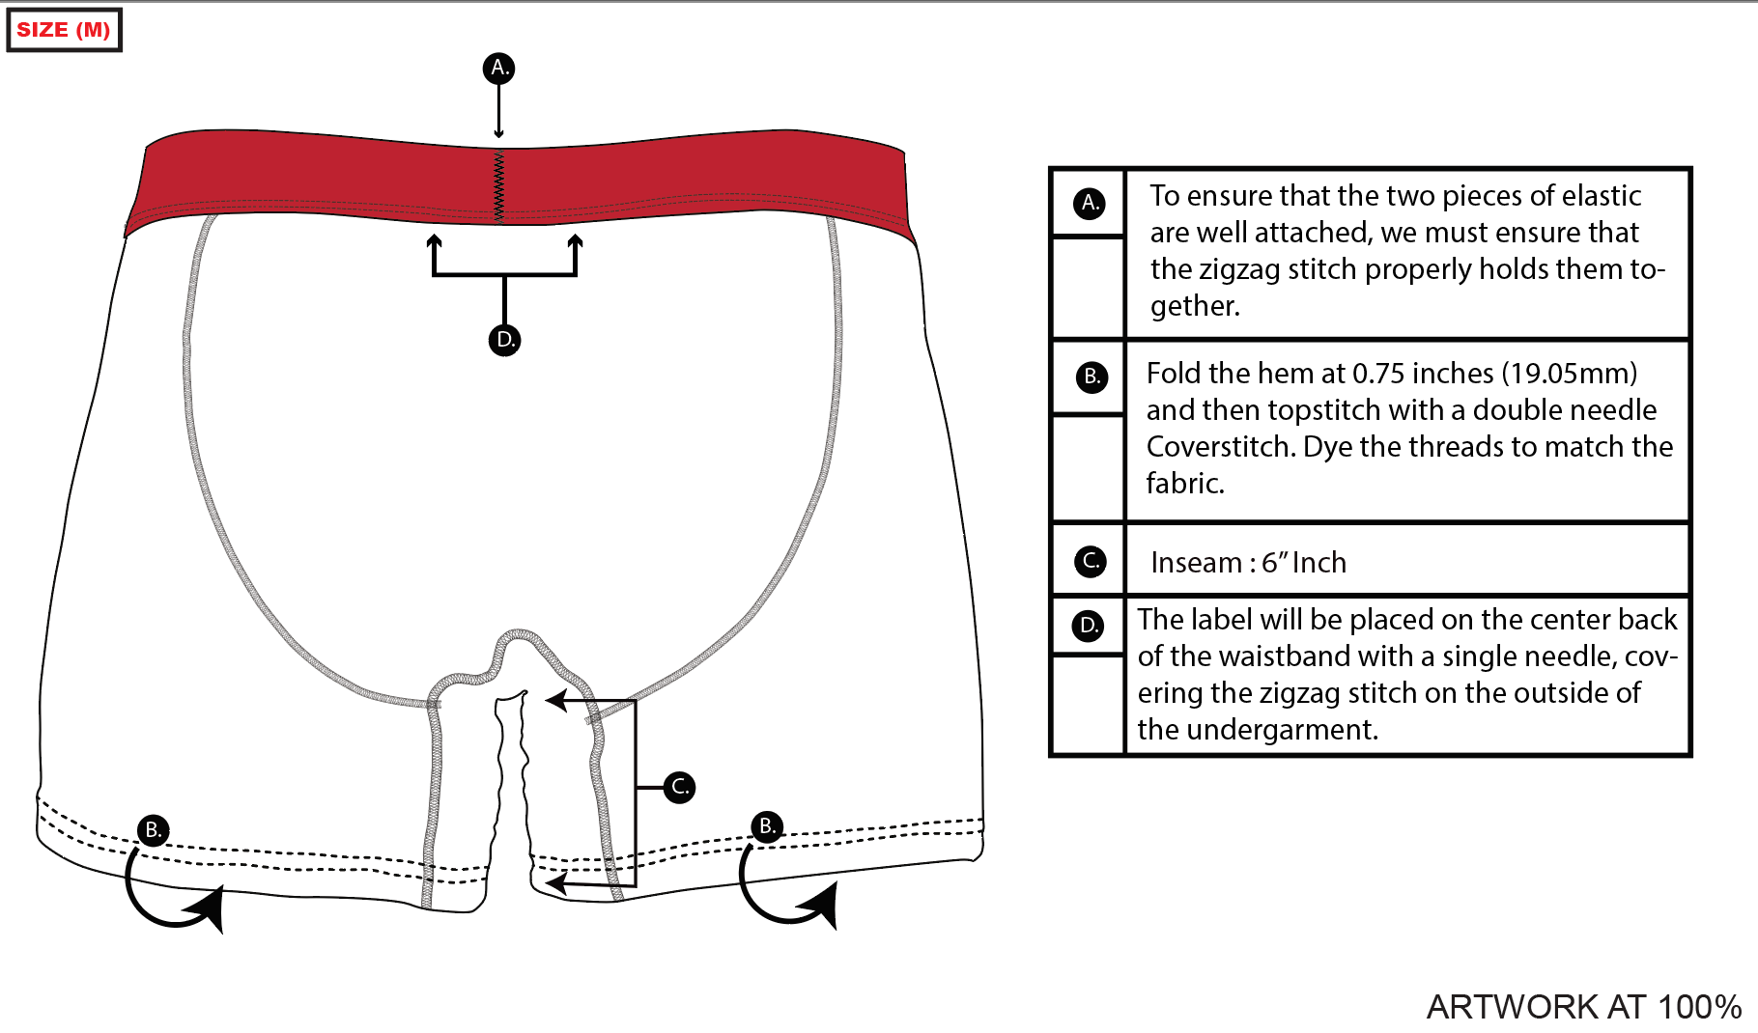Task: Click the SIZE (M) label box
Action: [x=64, y=30]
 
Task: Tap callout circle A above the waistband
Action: [x=498, y=68]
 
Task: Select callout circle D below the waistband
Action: [x=504, y=340]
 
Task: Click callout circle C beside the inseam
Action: [x=680, y=787]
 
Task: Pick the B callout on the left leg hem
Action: [x=153, y=830]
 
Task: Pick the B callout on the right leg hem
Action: [x=767, y=826]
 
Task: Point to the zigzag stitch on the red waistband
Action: [x=499, y=186]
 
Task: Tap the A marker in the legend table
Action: [x=1090, y=203]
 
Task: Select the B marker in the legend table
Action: [x=1092, y=377]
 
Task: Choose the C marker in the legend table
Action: [x=1091, y=561]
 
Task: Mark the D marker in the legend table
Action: [x=1089, y=626]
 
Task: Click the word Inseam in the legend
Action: [x=1196, y=563]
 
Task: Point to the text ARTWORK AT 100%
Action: [x=1583, y=1007]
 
